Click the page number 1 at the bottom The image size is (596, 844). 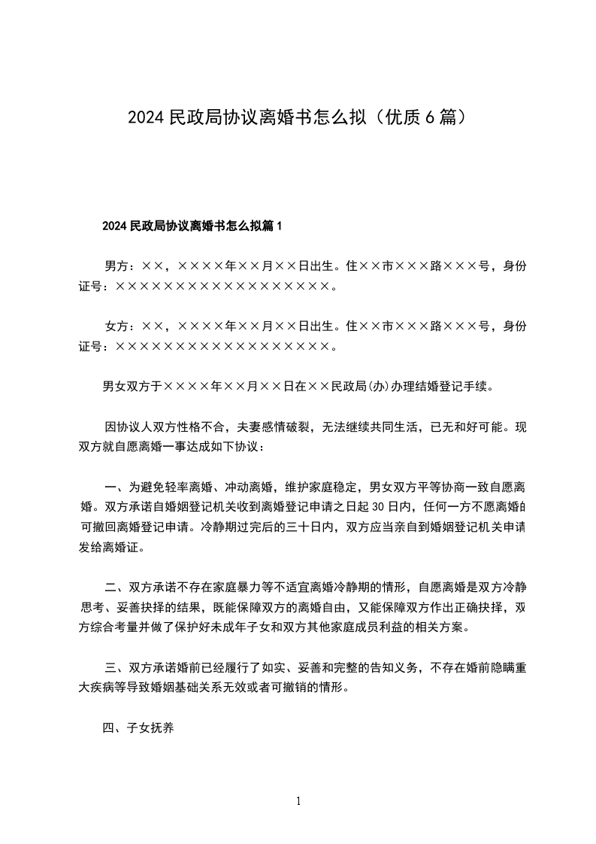tap(298, 801)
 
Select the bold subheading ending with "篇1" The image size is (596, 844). tap(192, 225)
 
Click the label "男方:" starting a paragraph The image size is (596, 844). tap(119, 266)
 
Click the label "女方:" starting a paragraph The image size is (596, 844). tap(119, 326)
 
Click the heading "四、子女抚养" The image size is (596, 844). tap(138, 728)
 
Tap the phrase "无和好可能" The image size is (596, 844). tap(472, 428)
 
